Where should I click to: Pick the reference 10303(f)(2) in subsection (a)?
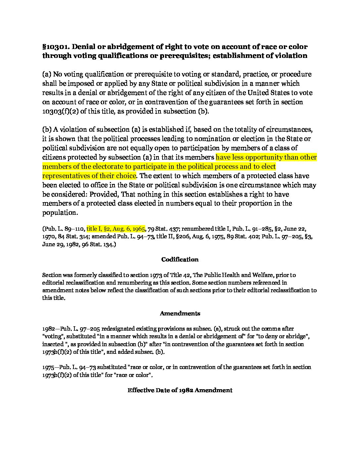tap(60, 111)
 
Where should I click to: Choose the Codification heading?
tap(180, 259)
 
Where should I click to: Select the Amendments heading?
tap(180, 313)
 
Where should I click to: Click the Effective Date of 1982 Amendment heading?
tap(180, 390)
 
